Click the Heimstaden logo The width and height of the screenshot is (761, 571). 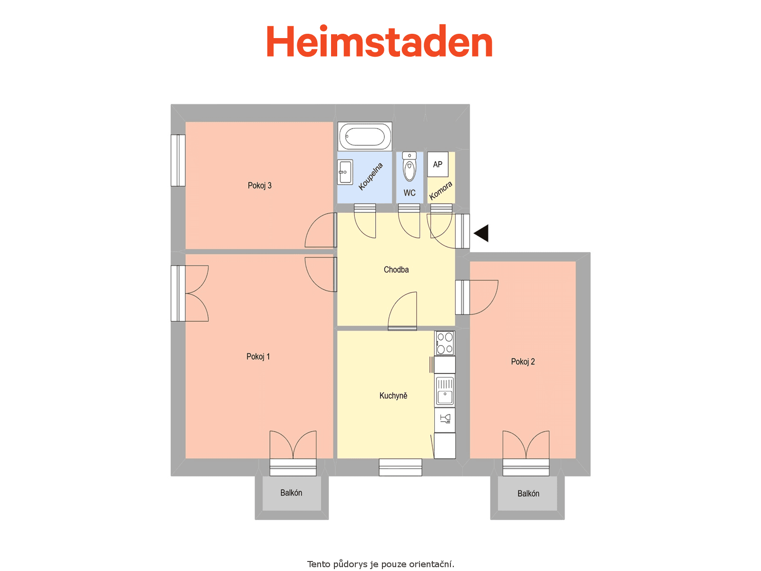tap(379, 41)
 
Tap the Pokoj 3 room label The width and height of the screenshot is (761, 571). tap(259, 186)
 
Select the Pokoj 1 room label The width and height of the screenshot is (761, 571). tap(258, 356)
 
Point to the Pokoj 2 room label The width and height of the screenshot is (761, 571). tap(523, 362)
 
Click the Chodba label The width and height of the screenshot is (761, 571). tap(396, 269)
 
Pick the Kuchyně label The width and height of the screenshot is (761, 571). tap(393, 395)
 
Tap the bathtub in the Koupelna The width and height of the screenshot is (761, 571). tap(365, 136)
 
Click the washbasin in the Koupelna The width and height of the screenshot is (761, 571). tap(345, 172)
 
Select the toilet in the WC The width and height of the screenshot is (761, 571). tap(410, 167)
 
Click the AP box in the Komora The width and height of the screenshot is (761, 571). tap(438, 164)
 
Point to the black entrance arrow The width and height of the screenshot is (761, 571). tap(481, 233)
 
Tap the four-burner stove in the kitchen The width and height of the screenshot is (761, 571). tap(445, 343)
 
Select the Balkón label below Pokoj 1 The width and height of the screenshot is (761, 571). tap(291, 492)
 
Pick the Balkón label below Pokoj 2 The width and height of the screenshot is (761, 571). tap(528, 493)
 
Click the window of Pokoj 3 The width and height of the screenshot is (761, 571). tap(178, 160)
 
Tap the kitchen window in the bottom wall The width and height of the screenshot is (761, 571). tap(400, 467)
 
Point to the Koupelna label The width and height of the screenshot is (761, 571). tap(370, 177)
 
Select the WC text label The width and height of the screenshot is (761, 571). tap(410, 193)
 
